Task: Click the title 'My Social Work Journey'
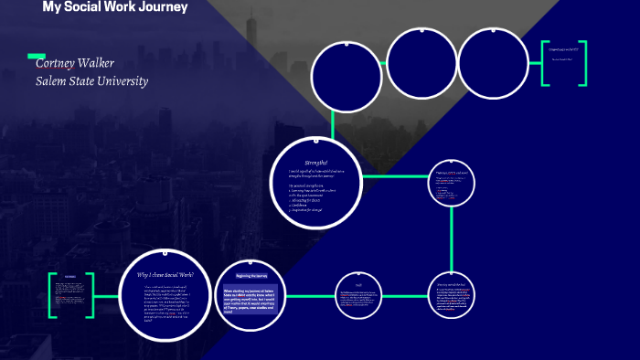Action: point(114,7)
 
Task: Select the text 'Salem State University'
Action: point(91,80)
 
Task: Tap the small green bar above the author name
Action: point(37,55)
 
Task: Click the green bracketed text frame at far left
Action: point(70,294)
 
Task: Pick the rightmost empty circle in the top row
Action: point(490,60)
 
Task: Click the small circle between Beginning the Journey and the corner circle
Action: point(359,295)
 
